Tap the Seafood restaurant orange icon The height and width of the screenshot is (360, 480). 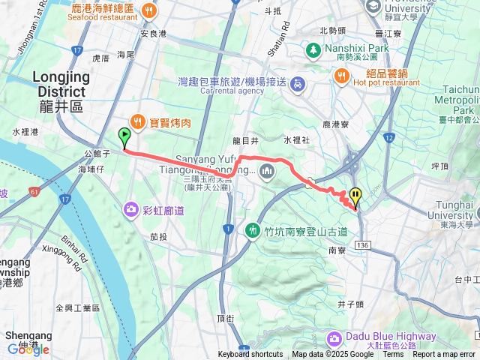coord(149,10)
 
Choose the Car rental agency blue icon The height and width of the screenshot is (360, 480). coord(297,82)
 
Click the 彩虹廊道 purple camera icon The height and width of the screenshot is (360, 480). coord(131,208)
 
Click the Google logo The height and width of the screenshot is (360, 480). coord(28,349)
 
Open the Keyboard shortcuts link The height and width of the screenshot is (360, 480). coord(250,354)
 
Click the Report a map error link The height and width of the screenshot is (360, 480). coord(444,354)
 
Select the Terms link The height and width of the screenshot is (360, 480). coord(393,354)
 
